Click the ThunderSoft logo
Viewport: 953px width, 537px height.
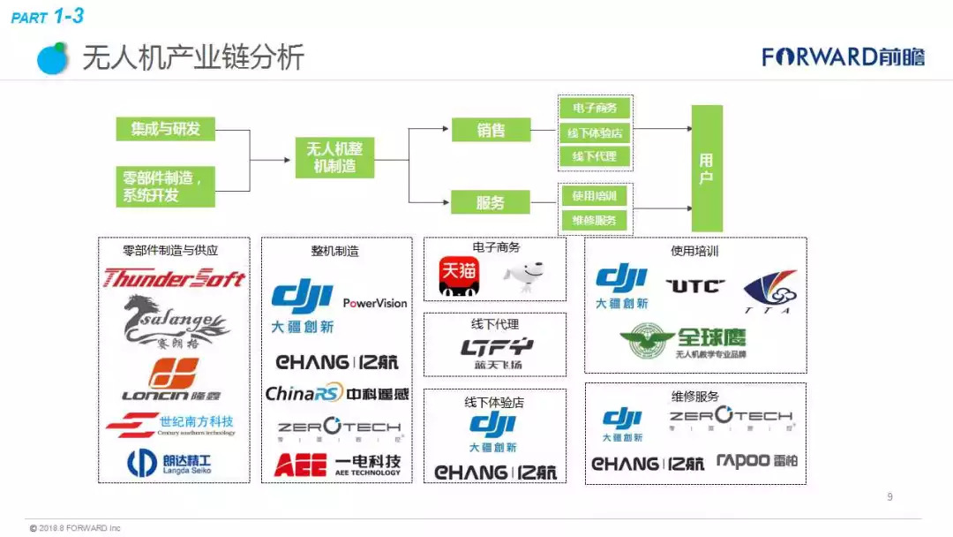pyautogui.click(x=174, y=279)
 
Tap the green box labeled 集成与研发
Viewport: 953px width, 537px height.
pyautogui.click(x=166, y=129)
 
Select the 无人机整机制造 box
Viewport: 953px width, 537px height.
pyautogui.click(x=334, y=157)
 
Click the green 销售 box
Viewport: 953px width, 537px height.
pyautogui.click(x=491, y=130)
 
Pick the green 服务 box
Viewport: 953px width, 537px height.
pyautogui.click(x=491, y=202)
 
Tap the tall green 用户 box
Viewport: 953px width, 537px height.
pyautogui.click(x=706, y=168)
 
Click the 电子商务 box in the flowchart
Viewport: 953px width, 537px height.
pyautogui.click(x=595, y=109)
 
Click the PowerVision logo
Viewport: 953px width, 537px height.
pyautogui.click(x=375, y=303)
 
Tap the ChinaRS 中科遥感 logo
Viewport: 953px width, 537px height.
pyautogui.click(x=337, y=394)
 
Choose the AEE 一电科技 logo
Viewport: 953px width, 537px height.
pyautogui.click(x=337, y=465)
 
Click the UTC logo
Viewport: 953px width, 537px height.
pyautogui.click(x=694, y=286)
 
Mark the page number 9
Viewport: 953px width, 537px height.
pyautogui.click(x=889, y=497)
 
